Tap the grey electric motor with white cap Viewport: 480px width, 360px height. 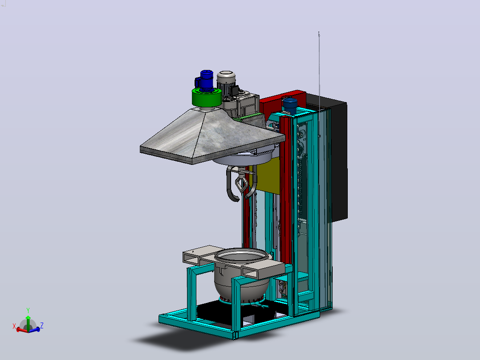(227, 84)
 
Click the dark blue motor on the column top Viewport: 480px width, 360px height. (290, 106)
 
